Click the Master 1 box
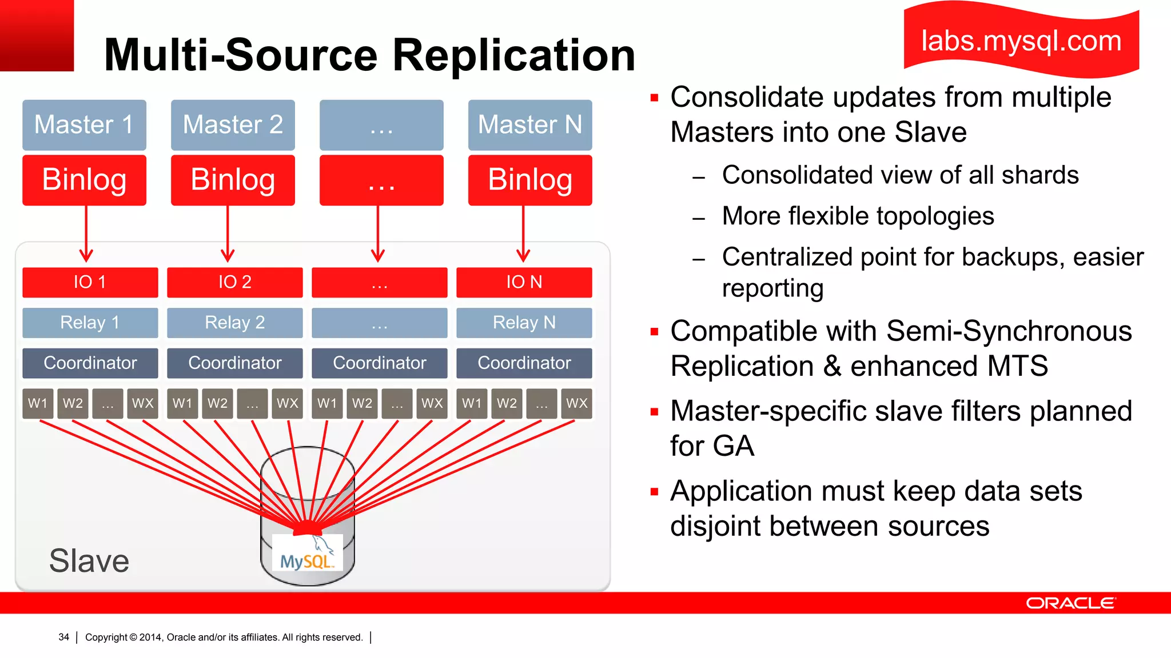84,125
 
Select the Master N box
529,125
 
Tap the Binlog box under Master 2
233,180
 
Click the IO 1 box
90,282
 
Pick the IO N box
524,282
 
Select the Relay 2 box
234,323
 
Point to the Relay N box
524,323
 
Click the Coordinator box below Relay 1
90,363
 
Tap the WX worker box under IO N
576,403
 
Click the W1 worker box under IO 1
38,403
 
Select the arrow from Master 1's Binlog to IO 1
86,234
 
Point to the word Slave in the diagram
89,561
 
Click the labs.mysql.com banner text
1021,41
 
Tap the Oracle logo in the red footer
1070,603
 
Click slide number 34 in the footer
63,637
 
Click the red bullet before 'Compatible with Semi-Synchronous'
654,331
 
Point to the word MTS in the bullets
1017,366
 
